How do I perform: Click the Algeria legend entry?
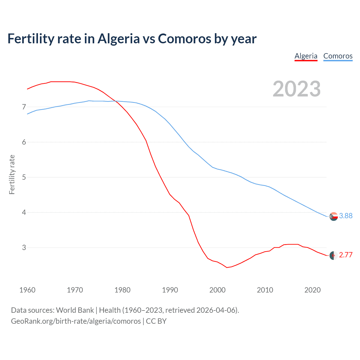pos(306,56)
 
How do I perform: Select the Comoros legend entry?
pos(338,56)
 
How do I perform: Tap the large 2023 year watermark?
pos(296,89)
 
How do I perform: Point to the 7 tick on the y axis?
pos(24,107)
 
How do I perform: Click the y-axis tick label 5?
pos(24,177)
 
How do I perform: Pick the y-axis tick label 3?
pos(24,247)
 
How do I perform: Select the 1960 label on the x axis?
pos(27,290)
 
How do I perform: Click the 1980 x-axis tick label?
pos(122,290)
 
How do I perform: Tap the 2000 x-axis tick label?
pos(217,290)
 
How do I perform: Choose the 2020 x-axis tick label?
pos(312,290)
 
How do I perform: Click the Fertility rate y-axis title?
pos(12,174)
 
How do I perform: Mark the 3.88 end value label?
pos(346,216)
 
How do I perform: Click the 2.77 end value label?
pos(346,255)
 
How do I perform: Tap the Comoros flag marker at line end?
pos(334,216)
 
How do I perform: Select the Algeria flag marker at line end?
pos(334,255)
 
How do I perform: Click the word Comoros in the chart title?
pos(184,39)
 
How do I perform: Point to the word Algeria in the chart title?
pos(118,39)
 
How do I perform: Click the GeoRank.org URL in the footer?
pos(76,321)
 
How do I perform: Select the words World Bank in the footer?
pos(75,310)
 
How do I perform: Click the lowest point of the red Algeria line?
pos(227,267)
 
